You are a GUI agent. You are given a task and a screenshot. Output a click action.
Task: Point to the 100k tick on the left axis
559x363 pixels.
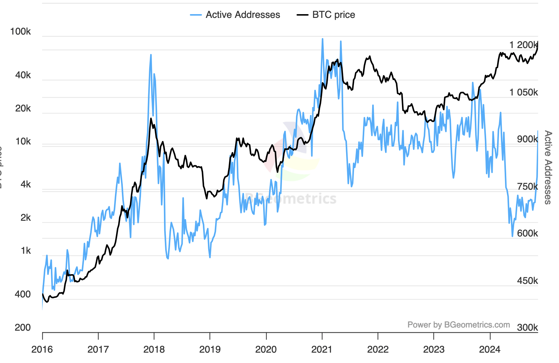tap(20, 31)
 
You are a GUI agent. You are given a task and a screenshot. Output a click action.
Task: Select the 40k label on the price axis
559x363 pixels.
tap(23, 75)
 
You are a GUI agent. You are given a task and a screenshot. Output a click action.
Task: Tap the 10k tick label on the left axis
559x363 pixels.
tap(23, 142)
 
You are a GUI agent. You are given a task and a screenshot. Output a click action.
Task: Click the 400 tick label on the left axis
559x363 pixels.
tap(23, 294)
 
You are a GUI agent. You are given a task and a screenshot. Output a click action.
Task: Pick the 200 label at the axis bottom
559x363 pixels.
tap(23, 328)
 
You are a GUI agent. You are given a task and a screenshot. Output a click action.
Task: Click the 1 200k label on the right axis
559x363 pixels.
tap(524, 45)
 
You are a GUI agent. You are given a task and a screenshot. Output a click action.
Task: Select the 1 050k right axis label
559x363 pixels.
tap(524, 92)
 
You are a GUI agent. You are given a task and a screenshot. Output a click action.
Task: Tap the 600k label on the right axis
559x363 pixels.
tap(527, 233)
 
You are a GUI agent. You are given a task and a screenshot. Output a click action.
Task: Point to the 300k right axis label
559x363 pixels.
tap(527, 328)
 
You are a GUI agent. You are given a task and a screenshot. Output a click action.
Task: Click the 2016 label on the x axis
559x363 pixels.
tap(42, 349)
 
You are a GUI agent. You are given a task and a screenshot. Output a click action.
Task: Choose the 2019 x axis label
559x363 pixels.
tap(210, 349)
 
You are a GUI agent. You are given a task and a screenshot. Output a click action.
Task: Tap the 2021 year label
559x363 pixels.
tap(322, 349)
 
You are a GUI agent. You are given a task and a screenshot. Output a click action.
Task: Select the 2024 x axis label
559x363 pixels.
tap(490, 349)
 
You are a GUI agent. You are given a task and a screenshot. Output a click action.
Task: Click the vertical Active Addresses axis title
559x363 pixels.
tap(548, 167)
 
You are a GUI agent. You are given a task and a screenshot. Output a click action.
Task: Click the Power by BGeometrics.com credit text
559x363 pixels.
tap(459, 325)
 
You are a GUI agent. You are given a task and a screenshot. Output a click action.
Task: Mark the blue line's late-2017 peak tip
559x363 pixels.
tap(151, 55)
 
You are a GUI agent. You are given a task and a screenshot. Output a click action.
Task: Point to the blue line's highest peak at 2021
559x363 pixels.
tap(323, 39)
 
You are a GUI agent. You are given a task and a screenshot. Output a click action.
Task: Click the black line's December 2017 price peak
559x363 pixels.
tap(151, 118)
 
